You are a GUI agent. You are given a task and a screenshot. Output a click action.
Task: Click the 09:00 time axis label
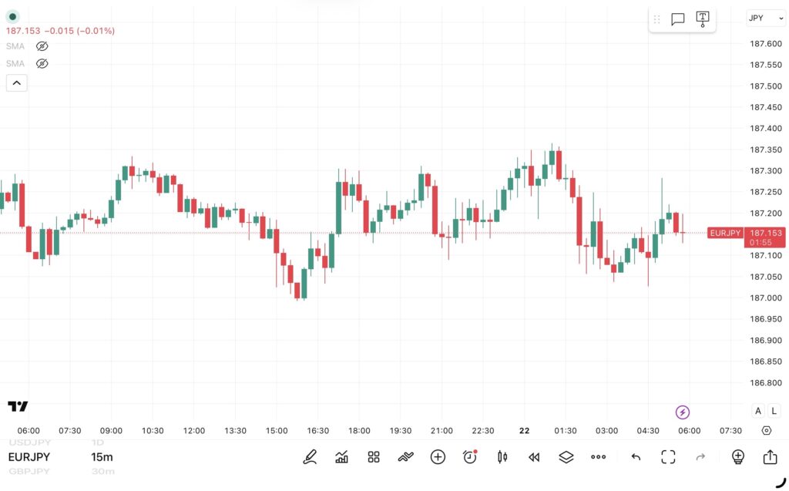(111, 431)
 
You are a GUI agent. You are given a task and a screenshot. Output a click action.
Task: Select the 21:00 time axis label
(442, 431)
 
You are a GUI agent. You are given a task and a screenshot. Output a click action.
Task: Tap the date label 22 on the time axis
(524, 431)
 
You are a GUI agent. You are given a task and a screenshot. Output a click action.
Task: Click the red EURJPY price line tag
(724, 233)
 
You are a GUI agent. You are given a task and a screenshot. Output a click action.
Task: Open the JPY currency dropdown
(765, 18)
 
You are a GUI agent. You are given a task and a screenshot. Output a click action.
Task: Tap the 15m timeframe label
(102, 457)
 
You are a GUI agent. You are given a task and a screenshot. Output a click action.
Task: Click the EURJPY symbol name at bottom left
(29, 457)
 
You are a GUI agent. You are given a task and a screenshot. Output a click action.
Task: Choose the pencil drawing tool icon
(310, 457)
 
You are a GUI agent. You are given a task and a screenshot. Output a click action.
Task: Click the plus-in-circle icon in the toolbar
(438, 457)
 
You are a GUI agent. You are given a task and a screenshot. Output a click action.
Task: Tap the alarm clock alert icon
(470, 457)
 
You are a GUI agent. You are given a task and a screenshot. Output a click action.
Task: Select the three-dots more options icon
(598, 457)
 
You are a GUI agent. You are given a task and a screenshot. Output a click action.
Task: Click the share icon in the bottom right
(770, 457)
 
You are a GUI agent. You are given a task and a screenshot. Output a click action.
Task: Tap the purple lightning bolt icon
(682, 412)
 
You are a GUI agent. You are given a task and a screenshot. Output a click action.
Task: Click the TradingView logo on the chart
(18, 406)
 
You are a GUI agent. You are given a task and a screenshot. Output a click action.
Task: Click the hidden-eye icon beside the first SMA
(42, 46)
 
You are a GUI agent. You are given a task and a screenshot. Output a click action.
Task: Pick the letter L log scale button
(774, 412)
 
